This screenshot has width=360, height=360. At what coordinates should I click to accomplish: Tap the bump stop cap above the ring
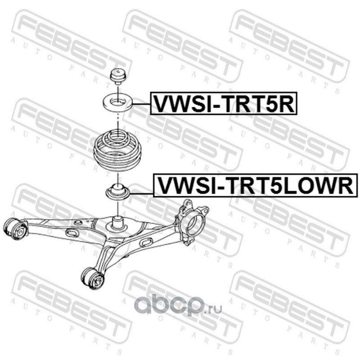[x=117, y=75]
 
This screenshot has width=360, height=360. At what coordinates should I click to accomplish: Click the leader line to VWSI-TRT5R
[x=141, y=104]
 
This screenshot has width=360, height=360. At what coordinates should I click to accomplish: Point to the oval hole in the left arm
[x=72, y=233]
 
